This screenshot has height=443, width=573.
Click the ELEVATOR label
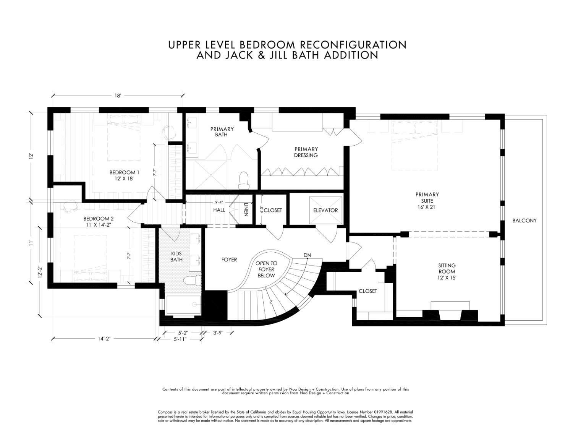325,210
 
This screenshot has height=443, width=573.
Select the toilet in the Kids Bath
192,281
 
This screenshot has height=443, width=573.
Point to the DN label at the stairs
307,255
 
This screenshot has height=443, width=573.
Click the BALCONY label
524,221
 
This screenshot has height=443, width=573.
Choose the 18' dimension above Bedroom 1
117,96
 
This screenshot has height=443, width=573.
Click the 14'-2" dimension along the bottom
104,339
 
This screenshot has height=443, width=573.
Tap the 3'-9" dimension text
218,333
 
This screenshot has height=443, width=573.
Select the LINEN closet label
246,209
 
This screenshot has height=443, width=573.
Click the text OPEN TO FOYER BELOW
266,269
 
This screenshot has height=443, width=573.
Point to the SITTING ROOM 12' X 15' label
447,271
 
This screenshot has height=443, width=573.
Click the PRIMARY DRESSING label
306,152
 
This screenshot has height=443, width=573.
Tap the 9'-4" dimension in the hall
219,202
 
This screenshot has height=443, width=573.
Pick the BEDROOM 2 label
98,219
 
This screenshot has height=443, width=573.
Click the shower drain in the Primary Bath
211,175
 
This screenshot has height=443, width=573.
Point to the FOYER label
229,260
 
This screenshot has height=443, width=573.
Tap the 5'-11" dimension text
180,339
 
